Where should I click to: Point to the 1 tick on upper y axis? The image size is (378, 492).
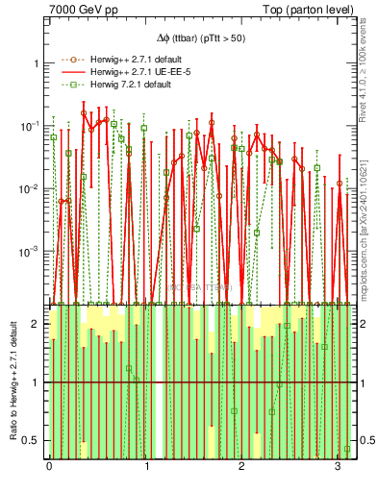pyautogui.click(x=37, y=63)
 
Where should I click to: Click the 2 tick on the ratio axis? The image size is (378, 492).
pyautogui.click(x=37, y=325)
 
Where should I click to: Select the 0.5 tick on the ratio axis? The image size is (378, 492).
pyautogui.click(x=33, y=440)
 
